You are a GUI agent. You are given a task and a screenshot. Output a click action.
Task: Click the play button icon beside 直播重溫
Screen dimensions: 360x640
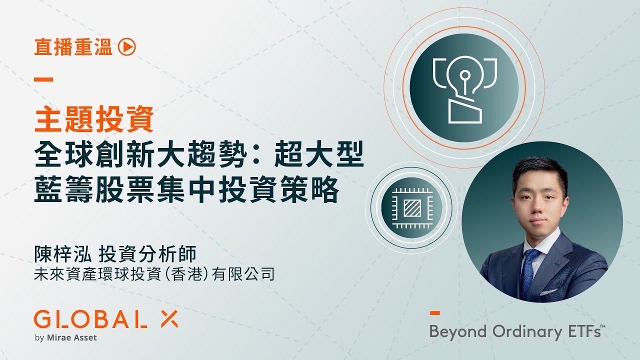pyautogui.click(x=127, y=47)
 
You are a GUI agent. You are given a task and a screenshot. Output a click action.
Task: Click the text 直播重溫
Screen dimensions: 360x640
pyautogui.click(x=73, y=47)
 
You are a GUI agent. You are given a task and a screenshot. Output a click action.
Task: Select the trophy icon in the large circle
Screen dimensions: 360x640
pyautogui.click(x=464, y=89)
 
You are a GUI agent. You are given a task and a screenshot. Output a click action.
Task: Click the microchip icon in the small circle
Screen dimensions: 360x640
pyautogui.click(x=411, y=205)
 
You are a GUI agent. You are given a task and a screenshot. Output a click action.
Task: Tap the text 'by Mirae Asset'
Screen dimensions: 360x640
pyautogui.click(x=66, y=337)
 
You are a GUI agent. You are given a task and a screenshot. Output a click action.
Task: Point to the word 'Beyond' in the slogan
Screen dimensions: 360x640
pyautogui.click(x=458, y=331)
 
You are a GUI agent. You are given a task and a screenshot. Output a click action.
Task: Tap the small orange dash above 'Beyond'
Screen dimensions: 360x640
pyautogui.click(x=435, y=313)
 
